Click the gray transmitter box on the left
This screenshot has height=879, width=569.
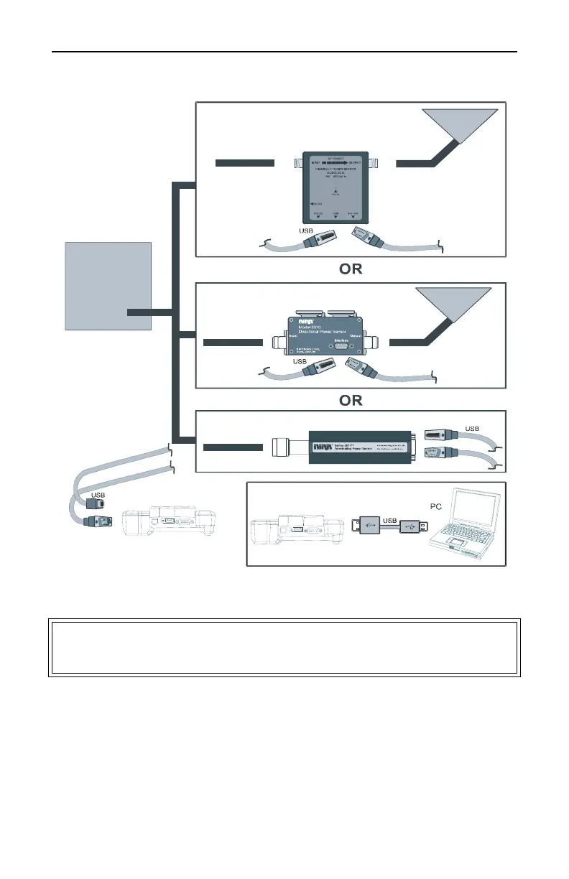[108, 285]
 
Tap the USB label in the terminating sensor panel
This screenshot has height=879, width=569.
[471, 428]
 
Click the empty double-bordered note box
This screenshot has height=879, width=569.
[284, 647]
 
